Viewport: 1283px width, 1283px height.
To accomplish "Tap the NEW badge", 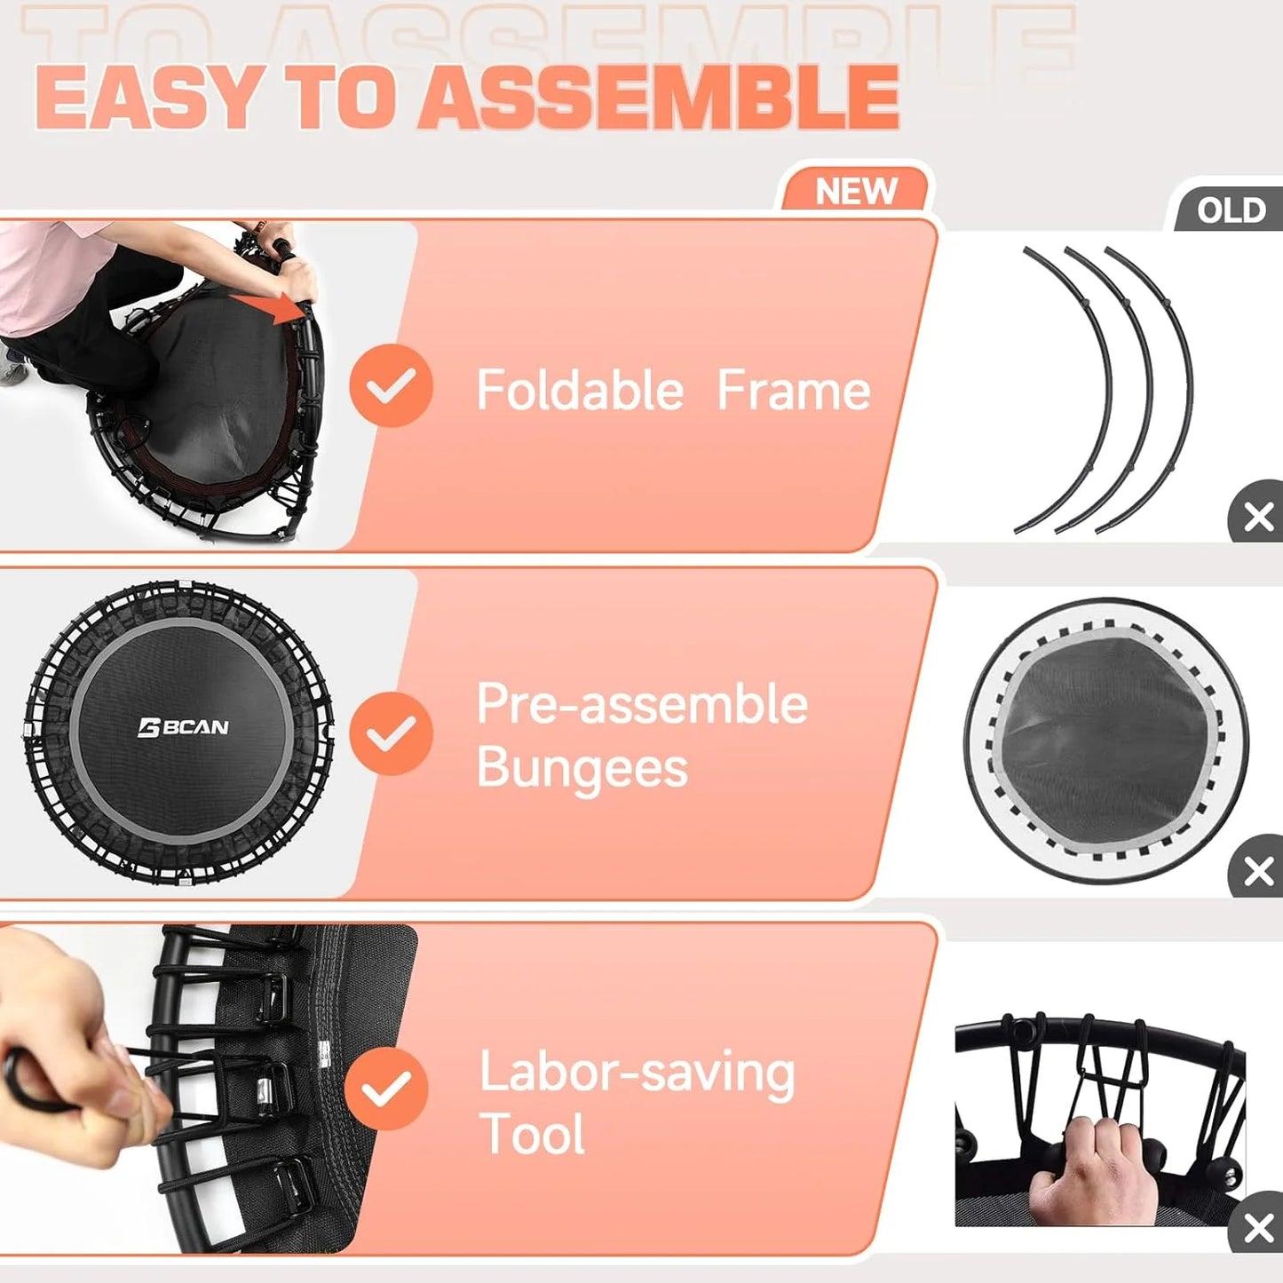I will [x=856, y=191].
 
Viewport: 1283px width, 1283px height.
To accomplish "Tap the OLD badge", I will [x=1231, y=210].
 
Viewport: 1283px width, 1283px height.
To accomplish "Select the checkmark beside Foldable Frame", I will [x=391, y=385].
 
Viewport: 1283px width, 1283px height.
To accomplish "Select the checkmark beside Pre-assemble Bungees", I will [x=391, y=733].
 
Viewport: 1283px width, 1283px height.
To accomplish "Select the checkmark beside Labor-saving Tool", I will [x=386, y=1089].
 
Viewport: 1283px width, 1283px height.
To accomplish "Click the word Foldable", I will [x=580, y=390].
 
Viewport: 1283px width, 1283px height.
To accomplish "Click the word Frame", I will [x=793, y=390].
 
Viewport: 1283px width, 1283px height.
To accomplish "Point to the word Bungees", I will [x=582, y=767].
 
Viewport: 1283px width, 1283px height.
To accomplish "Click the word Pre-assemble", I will [x=642, y=704].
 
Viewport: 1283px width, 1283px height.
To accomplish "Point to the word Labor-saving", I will [x=637, y=1073].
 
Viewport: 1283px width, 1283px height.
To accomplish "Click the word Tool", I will [x=532, y=1134].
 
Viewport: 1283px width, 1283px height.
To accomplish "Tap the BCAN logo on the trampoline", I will [x=184, y=727].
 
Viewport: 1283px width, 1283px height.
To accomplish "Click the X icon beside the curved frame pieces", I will [x=1258, y=516].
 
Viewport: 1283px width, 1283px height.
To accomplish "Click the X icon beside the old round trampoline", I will [x=1258, y=871].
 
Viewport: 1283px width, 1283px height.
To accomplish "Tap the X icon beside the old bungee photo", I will [x=1258, y=1229].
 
